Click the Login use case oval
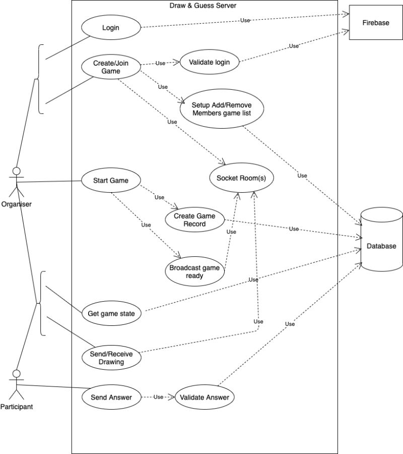[x=111, y=28]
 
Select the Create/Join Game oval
[x=111, y=67]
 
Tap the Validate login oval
[x=209, y=62]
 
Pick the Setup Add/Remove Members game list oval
[x=222, y=109]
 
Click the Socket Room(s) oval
[x=241, y=178]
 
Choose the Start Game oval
[x=111, y=181]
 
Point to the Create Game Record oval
[x=194, y=220]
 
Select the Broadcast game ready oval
[x=194, y=271]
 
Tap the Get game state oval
[x=111, y=313]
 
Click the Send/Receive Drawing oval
[x=111, y=358]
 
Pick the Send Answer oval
[x=111, y=398]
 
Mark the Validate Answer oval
[x=205, y=398]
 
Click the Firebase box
[x=376, y=23]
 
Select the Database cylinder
[x=382, y=240]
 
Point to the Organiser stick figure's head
[x=17, y=171]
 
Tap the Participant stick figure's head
[x=17, y=373]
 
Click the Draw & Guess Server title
[x=203, y=6]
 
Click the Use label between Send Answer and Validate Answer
[x=158, y=397]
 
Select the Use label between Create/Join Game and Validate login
[x=160, y=63]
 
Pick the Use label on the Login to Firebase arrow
[x=245, y=20]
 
